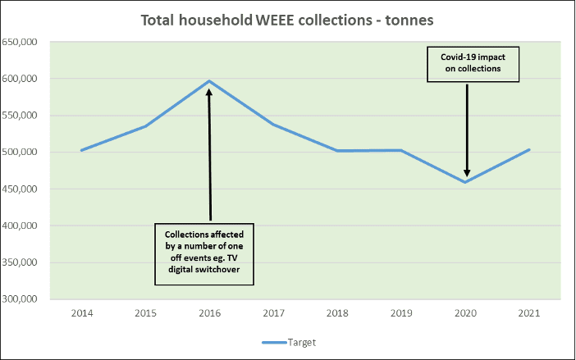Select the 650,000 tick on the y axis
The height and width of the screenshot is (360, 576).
point(26,42)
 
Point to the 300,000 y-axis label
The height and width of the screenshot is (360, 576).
point(26,299)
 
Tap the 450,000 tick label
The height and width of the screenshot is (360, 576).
point(26,189)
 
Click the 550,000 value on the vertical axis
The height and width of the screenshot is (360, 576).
point(26,116)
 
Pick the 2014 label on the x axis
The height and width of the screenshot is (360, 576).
point(82,313)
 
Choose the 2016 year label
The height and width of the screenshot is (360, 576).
point(209,313)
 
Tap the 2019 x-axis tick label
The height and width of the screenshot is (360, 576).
point(401,313)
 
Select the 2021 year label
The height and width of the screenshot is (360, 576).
point(529,313)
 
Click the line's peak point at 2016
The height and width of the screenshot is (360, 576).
point(209,81)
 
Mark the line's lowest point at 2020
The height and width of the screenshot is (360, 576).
point(465,182)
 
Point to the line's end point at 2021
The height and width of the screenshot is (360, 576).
point(529,149)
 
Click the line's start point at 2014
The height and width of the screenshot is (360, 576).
point(82,150)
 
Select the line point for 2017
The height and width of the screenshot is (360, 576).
point(273,125)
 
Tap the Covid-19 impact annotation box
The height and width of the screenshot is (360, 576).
point(466,64)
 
